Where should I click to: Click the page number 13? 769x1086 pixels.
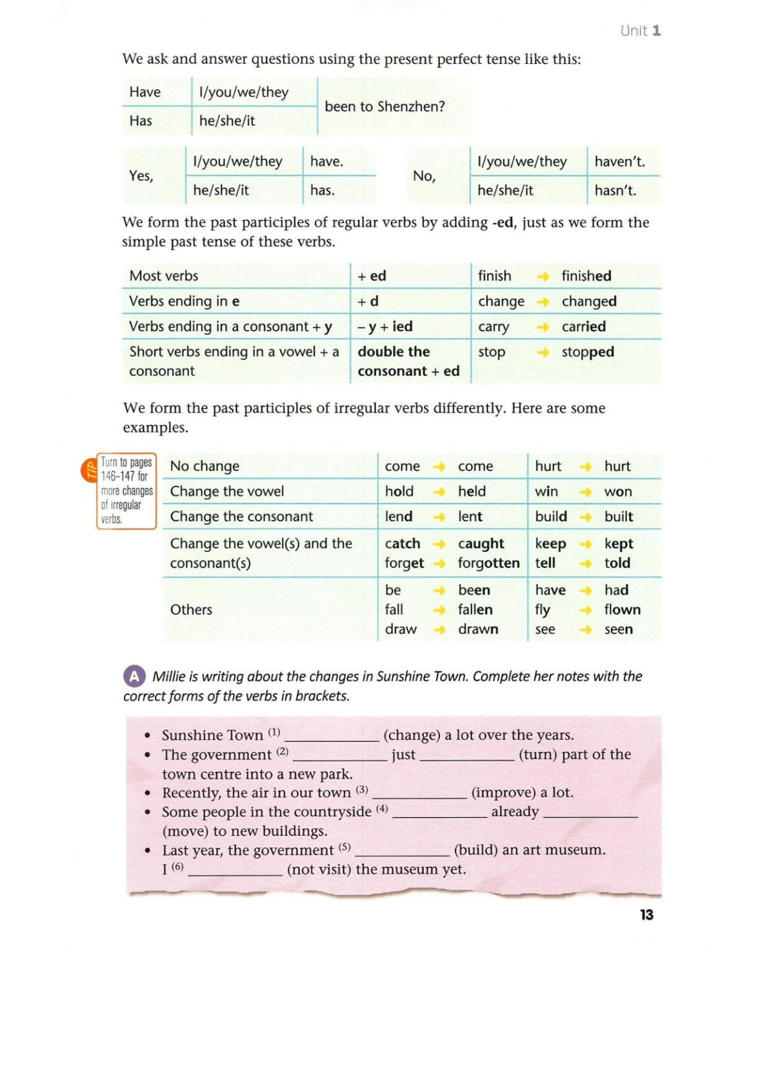click(646, 914)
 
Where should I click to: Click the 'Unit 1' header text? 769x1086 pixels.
click(640, 30)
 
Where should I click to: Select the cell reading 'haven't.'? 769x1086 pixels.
click(619, 161)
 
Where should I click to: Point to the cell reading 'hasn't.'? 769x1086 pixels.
click(615, 190)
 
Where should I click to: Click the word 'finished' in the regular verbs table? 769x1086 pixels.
click(586, 276)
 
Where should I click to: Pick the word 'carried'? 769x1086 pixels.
click(583, 326)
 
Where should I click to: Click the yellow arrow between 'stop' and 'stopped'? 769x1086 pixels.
click(543, 352)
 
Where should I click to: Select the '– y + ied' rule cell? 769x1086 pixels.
click(385, 326)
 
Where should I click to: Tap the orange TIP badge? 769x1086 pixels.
click(89, 470)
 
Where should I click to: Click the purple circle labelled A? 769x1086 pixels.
click(134, 676)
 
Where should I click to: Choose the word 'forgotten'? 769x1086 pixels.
click(488, 563)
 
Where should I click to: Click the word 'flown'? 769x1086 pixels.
click(622, 609)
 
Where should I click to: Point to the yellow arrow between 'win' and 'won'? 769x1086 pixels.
click(585, 491)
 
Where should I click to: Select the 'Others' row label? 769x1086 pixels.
click(191, 609)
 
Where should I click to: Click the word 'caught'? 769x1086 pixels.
click(481, 544)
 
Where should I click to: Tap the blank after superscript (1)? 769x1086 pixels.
click(332, 736)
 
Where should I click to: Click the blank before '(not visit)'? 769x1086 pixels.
click(235, 871)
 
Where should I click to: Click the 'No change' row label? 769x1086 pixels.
click(205, 466)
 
